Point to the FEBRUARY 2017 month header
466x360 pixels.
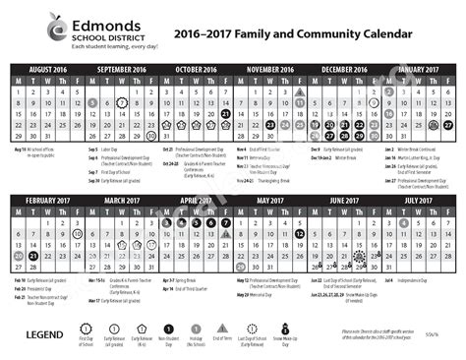(48, 200)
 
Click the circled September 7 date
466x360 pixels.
(122, 102)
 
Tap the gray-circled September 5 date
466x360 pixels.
(92, 102)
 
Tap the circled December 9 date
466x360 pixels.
(374, 102)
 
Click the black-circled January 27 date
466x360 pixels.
(448, 125)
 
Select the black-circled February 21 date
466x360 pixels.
(33, 257)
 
